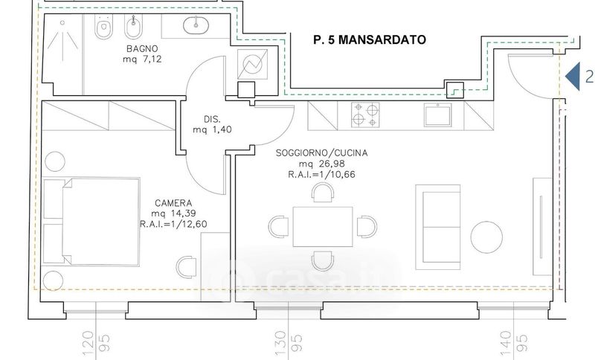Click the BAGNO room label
(x=142, y=48)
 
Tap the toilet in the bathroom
(x=103, y=28)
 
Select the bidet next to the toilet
(x=133, y=28)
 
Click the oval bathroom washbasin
(x=196, y=25)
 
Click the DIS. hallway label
(x=212, y=119)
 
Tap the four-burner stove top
(x=365, y=115)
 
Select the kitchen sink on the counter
(x=438, y=115)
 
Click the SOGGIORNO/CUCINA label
(x=321, y=153)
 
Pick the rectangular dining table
(x=323, y=226)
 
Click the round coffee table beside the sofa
(x=486, y=237)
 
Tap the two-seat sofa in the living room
(x=438, y=227)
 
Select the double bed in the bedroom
(x=91, y=221)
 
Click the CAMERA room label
(x=173, y=203)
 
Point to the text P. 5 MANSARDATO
(x=370, y=40)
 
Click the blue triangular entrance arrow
(x=573, y=77)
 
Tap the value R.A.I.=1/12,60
(x=173, y=224)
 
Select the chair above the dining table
(x=323, y=193)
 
